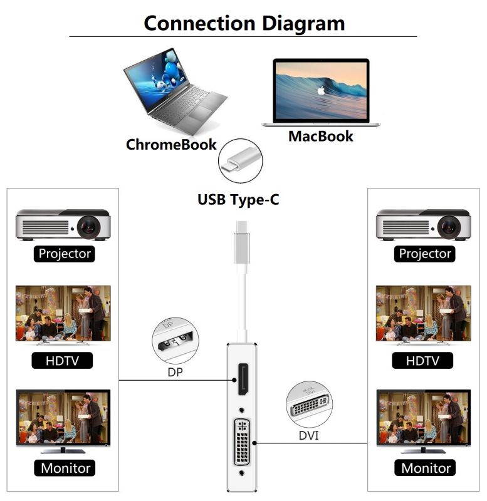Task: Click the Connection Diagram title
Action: (x=244, y=23)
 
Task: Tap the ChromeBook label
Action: (x=171, y=145)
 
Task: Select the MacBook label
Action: (x=320, y=136)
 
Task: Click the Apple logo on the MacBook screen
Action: (x=321, y=90)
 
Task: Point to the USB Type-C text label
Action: (x=238, y=200)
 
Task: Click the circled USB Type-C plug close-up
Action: (x=239, y=160)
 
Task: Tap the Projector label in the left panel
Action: (x=65, y=254)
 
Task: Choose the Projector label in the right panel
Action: (x=425, y=254)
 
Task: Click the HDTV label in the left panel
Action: (x=63, y=361)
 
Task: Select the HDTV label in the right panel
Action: (x=423, y=361)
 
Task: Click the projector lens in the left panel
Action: (x=90, y=225)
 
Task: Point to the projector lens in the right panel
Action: (x=450, y=225)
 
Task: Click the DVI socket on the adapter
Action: (x=242, y=442)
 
